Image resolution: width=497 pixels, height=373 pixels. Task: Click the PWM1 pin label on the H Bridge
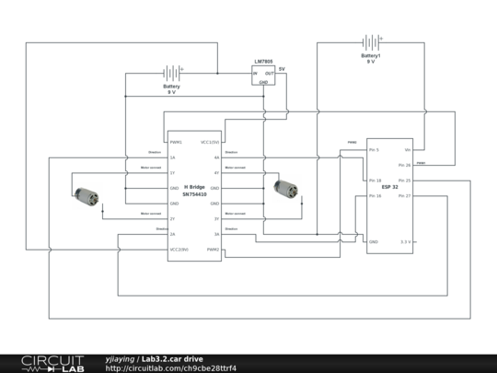click(176, 143)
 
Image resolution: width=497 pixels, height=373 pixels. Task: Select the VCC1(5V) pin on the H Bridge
click(210, 143)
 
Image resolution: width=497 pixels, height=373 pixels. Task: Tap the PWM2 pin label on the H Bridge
click(213, 250)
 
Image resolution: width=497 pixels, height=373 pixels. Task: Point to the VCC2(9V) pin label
click(179, 250)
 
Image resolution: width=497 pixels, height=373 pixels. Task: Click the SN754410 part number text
click(194, 194)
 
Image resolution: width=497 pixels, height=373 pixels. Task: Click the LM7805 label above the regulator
click(263, 62)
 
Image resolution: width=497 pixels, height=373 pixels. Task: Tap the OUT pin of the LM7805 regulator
click(269, 73)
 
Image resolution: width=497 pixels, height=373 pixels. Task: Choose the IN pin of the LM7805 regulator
click(257, 73)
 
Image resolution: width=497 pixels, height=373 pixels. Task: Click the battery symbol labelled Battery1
click(370, 42)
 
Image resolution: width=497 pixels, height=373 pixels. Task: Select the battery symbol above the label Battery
click(171, 73)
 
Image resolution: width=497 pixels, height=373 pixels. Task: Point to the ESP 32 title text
click(390, 187)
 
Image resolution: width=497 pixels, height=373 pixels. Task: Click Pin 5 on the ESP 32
click(374, 149)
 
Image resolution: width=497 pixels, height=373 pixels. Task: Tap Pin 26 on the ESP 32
click(404, 165)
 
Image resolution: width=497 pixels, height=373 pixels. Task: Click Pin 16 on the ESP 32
click(375, 195)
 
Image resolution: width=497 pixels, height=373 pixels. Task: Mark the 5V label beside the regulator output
click(282, 69)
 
